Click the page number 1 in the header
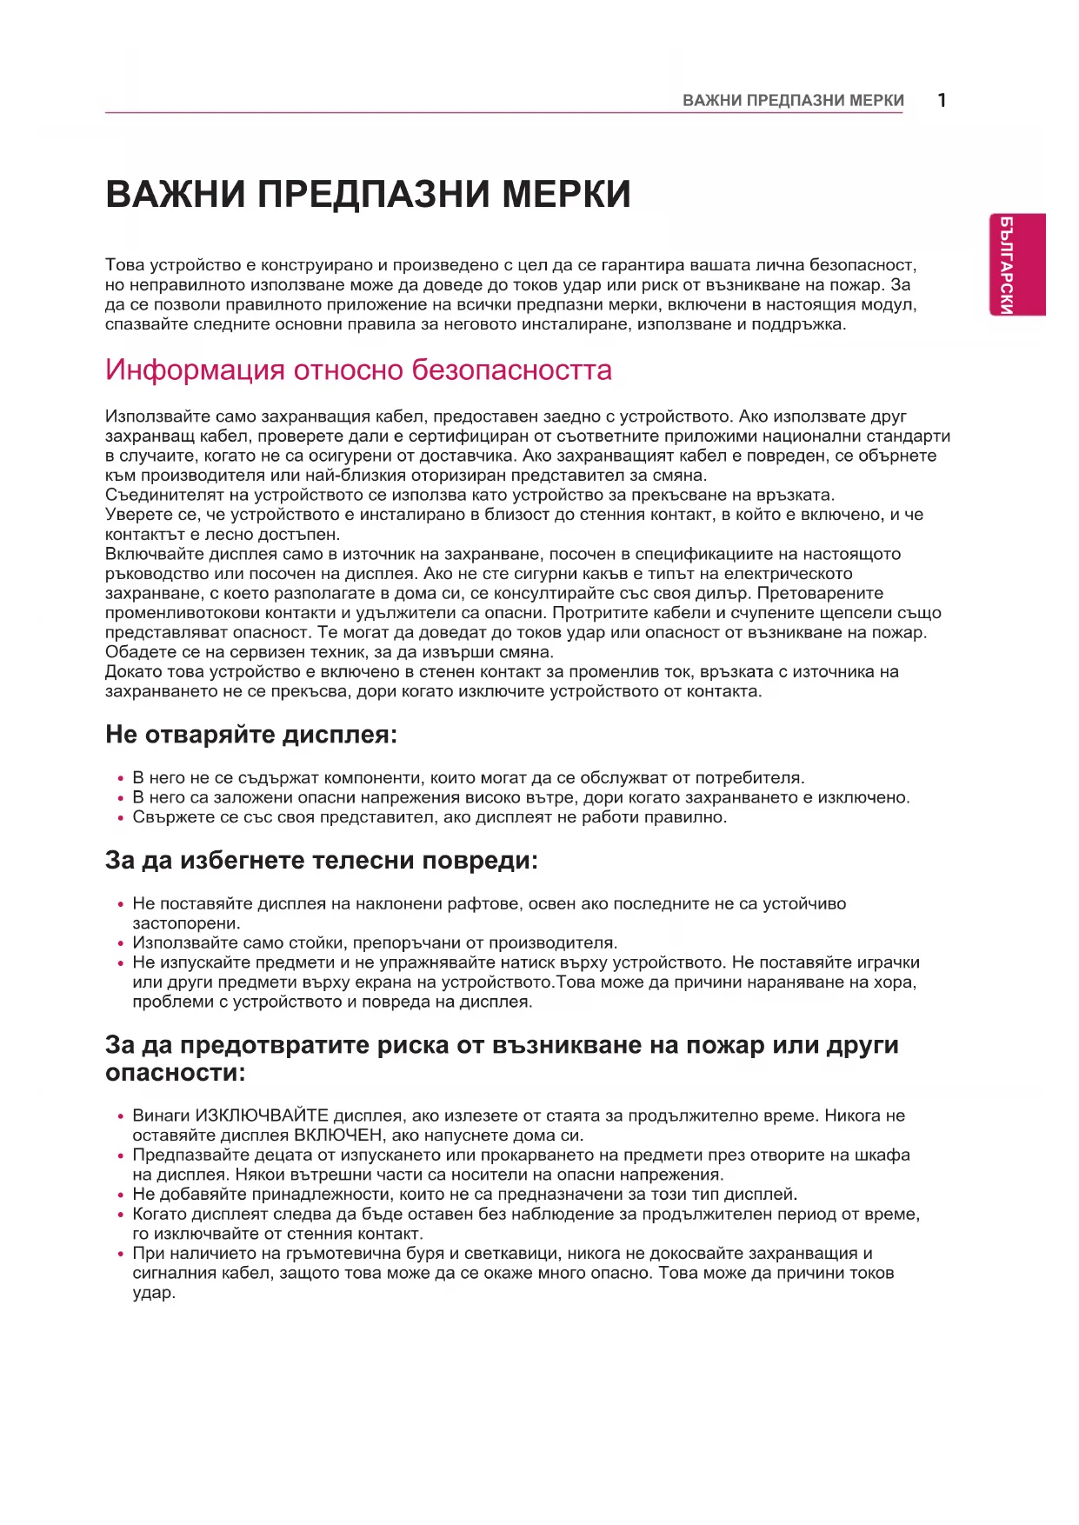tap(942, 100)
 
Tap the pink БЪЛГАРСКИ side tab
tap(1016, 264)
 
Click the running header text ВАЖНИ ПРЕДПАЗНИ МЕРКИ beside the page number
tap(793, 101)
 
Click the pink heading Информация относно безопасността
tap(358, 370)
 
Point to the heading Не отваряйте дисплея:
tap(250, 735)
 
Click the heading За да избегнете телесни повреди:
tap(321, 861)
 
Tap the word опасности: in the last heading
tap(175, 1073)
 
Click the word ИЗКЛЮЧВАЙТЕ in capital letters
tap(262, 1115)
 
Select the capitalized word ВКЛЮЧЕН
tap(337, 1135)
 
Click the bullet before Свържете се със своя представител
tap(121, 818)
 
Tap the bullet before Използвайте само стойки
tap(121, 944)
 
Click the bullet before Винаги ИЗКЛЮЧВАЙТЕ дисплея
tap(121, 1116)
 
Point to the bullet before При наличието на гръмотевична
tap(121, 1255)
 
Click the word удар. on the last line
tap(154, 1293)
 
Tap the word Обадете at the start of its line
tap(135, 652)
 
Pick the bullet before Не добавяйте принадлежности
tap(121, 1195)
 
